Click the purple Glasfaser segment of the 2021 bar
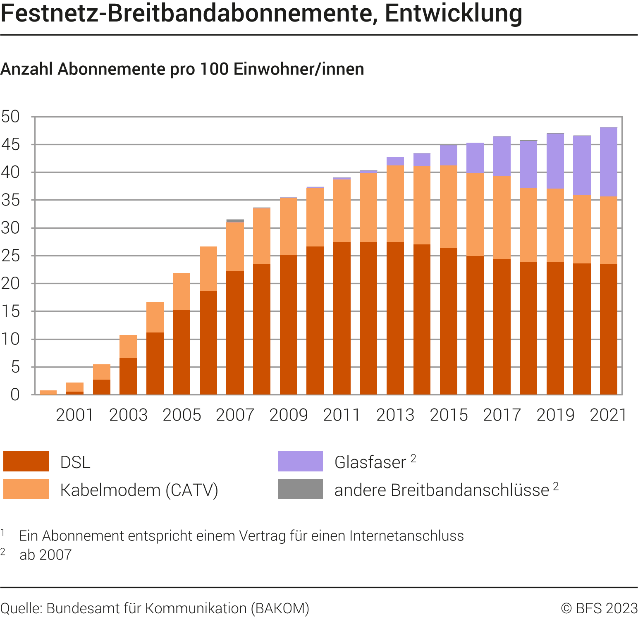[608, 162]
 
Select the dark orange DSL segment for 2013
[395, 318]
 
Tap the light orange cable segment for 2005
[182, 291]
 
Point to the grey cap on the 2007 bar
[235, 221]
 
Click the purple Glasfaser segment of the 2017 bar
[502, 156]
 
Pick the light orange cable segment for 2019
[555, 225]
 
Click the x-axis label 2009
[288, 415]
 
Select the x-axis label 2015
[449, 415]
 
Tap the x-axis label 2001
[75, 415]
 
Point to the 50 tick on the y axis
[11, 117]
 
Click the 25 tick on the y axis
[11, 256]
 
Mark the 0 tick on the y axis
[15, 395]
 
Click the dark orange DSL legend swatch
[26, 462]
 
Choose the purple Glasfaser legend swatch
[300, 462]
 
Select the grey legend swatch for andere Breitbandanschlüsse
[300, 489]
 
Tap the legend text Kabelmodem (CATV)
[139, 490]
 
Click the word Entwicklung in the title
[454, 13]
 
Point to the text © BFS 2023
[599, 608]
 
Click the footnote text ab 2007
[45, 555]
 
